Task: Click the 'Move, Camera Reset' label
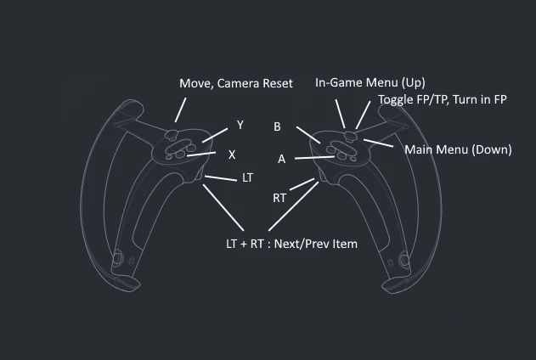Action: [x=236, y=84]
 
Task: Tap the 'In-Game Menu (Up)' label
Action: [x=370, y=82]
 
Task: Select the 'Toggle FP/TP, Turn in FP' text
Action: [x=443, y=99]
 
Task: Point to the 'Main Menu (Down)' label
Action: [x=458, y=149]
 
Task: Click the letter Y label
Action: [x=240, y=125]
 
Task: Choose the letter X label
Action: [x=232, y=155]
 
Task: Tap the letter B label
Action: [x=277, y=127]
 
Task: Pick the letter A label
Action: [x=281, y=159]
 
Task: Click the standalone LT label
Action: [x=247, y=177]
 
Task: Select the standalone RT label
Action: [x=279, y=198]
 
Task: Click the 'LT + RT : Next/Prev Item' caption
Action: [x=291, y=244]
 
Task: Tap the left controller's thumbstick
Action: [x=172, y=134]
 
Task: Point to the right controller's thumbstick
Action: [x=350, y=136]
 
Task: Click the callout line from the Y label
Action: [x=215, y=135]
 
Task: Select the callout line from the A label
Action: [x=314, y=157]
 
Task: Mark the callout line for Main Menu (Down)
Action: [x=378, y=143]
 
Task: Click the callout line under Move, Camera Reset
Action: [x=180, y=110]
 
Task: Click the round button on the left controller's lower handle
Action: [x=118, y=258]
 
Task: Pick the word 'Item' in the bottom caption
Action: [x=347, y=244]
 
